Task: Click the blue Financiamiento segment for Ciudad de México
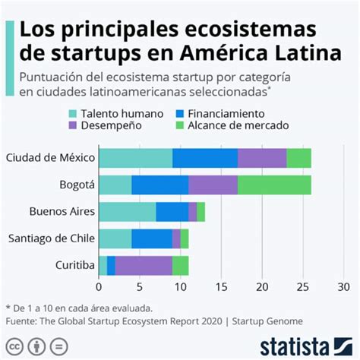point(205,158)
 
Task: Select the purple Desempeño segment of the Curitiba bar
point(144,265)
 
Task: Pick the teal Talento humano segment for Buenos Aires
point(127,212)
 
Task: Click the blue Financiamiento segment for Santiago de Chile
point(152,238)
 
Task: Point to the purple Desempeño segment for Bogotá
point(213,185)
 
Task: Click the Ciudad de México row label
point(49,158)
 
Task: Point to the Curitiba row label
point(74,265)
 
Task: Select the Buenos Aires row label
point(62,212)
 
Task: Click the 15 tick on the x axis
point(221,287)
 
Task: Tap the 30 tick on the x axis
point(343,287)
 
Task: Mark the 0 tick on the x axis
point(99,287)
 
